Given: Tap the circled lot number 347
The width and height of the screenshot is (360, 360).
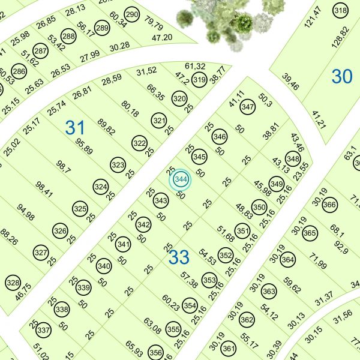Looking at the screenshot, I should click(247, 107).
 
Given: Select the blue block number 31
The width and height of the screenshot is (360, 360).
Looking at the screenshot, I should click(75, 127).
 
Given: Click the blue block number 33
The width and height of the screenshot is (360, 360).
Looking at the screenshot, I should click(179, 257).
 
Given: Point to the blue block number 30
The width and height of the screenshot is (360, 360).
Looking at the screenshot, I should click(342, 76).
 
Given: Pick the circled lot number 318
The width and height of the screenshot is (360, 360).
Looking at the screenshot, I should click(341, 11).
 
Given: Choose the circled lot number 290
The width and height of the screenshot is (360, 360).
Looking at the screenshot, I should click(132, 14).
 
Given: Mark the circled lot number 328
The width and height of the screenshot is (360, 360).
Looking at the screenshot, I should click(13, 283).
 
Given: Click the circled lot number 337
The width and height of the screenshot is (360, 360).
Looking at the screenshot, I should click(43, 331).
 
